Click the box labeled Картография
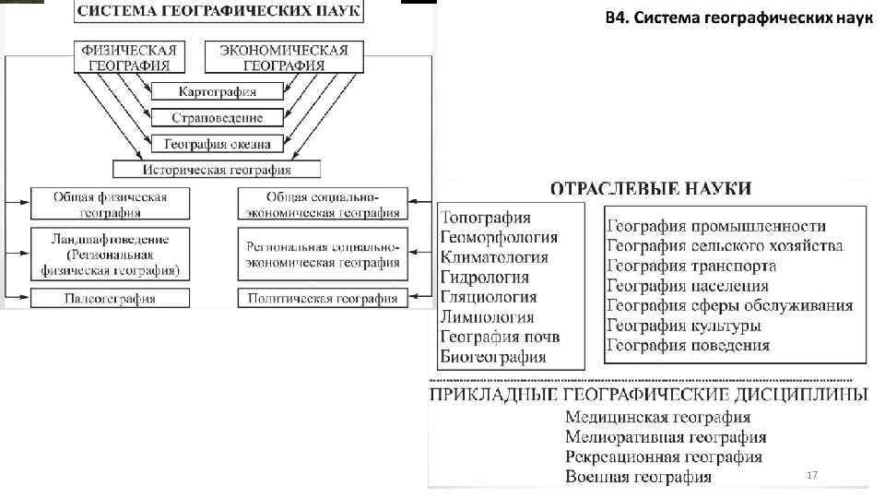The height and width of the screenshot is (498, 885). [218, 91]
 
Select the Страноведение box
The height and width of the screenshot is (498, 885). [218, 118]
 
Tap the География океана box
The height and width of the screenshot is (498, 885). [218, 144]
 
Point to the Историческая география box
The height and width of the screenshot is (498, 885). [217, 170]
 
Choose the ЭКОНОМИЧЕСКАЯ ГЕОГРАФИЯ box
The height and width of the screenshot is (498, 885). [284, 57]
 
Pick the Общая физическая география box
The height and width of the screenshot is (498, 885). [110, 205]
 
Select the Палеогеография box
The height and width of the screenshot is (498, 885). [110, 299]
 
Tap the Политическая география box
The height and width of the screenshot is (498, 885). [322, 299]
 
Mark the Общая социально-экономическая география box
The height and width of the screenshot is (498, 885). [322, 205]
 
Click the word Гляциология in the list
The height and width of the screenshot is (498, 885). [489, 297]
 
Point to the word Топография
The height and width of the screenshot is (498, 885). [486, 218]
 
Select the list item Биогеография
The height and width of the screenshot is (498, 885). [493, 357]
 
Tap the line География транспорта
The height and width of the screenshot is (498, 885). [691, 266]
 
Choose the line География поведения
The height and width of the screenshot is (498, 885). [688, 346]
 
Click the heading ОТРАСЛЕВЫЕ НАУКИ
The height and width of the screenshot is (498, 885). [651, 188]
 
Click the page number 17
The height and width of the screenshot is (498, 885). [812, 474]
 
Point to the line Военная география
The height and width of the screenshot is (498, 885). [639, 477]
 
